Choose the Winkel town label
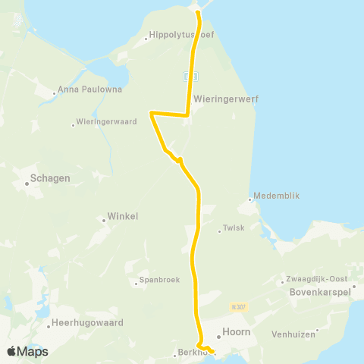click(x=124, y=216)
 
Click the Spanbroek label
click(x=160, y=280)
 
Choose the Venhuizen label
click(x=340, y=331)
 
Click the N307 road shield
click(x=240, y=306)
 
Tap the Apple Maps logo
click(x=27, y=351)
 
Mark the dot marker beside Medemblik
click(x=250, y=200)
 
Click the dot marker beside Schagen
click(x=27, y=184)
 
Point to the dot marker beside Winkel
click(x=104, y=221)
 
